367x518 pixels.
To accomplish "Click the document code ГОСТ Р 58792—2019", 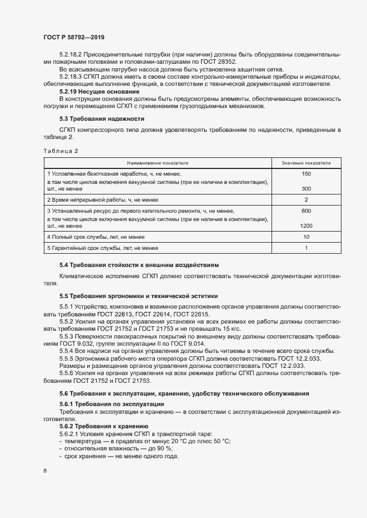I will [x=74, y=37].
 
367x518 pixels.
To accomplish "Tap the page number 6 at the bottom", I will [x=45, y=471].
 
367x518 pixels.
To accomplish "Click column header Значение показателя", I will [x=306, y=163].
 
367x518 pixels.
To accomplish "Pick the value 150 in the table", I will [x=306, y=174].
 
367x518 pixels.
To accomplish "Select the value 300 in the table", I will [x=306, y=189].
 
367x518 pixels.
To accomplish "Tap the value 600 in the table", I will [x=306, y=211].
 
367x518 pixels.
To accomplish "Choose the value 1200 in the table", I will [x=306, y=226].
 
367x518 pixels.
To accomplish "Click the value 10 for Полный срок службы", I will [x=306, y=237].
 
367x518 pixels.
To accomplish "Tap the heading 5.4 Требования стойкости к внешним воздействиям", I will [x=139, y=265].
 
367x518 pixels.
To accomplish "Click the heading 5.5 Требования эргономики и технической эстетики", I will [x=139, y=296].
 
